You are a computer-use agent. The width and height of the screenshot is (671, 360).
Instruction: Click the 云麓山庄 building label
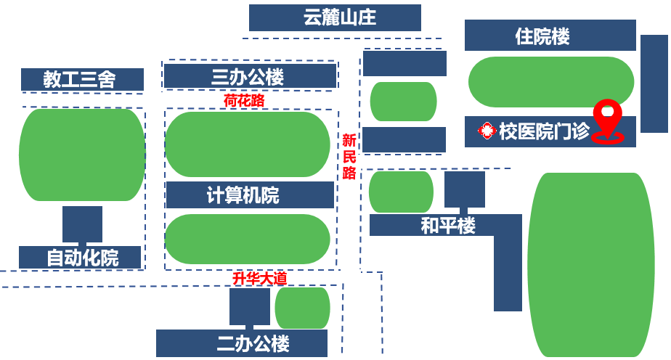click(335, 17)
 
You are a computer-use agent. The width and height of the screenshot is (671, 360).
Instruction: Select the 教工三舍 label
click(82, 79)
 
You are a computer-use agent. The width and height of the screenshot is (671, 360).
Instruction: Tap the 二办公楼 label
click(242, 343)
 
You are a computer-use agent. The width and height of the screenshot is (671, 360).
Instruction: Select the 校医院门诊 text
click(544, 131)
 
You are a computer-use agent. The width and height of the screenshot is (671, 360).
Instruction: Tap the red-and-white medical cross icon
click(486, 131)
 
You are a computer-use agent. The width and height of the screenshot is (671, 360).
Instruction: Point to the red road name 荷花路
click(244, 101)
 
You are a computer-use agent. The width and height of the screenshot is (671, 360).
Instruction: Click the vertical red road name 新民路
click(349, 156)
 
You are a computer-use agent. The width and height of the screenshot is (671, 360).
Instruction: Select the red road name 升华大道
click(259, 278)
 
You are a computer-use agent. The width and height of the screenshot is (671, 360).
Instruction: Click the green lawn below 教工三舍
click(82, 155)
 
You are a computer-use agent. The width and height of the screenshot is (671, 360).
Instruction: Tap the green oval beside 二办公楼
click(302, 308)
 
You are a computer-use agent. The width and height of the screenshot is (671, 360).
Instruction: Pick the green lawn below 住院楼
click(550, 82)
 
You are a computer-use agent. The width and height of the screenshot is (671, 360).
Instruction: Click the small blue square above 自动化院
click(82, 224)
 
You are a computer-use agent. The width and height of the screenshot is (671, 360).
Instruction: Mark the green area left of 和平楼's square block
click(401, 192)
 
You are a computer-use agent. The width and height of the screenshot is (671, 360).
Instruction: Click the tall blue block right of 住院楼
click(654, 83)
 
